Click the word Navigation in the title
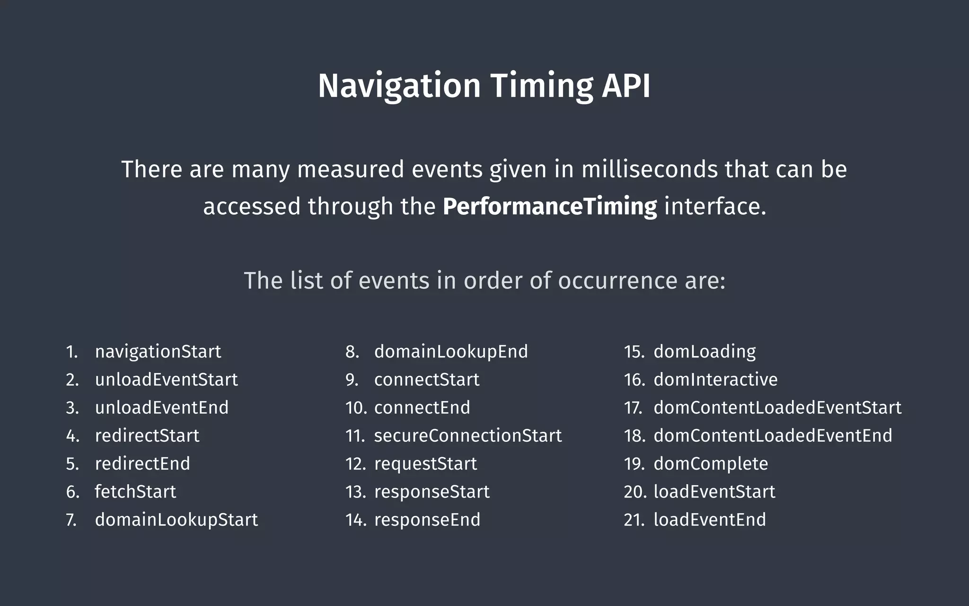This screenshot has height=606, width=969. (399, 86)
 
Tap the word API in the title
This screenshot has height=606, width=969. (626, 86)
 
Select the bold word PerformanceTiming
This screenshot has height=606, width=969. (550, 207)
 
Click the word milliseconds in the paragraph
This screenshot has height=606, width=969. (649, 169)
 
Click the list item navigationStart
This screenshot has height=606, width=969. (158, 352)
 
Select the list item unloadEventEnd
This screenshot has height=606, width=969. (162, 408)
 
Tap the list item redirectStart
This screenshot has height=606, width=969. (147, 436)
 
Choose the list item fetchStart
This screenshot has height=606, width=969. (135, 491)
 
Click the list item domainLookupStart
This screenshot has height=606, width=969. (176, 520)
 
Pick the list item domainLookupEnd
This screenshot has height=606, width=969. (451, 352)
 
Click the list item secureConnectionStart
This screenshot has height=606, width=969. (468, 436)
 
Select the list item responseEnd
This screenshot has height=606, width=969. (427, 520)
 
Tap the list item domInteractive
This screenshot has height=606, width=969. (715, 380)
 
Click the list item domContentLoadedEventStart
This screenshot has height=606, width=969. (777, 408)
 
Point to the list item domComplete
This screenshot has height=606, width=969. (711, 463)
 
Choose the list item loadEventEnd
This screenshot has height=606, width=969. (710, 520)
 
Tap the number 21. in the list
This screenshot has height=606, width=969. (634, 520)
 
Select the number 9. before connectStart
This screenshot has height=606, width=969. (352, 380)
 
